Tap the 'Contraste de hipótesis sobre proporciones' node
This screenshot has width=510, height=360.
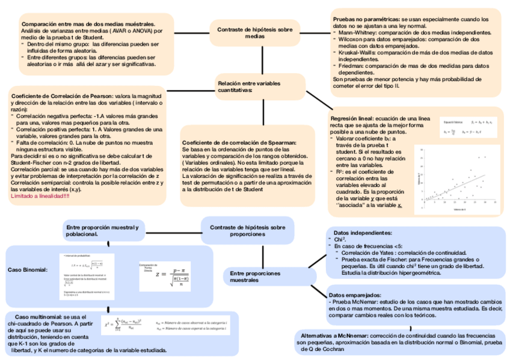tap(247, 231)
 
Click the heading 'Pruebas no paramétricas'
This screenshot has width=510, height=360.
tap(366, 20)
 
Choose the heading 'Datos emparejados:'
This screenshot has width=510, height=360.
tap(355, 296)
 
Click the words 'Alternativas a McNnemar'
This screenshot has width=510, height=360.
tap(334, 335)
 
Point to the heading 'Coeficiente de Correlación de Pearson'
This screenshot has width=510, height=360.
tap(61, 96)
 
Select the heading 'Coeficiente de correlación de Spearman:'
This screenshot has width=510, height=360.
tap(239, 142)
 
